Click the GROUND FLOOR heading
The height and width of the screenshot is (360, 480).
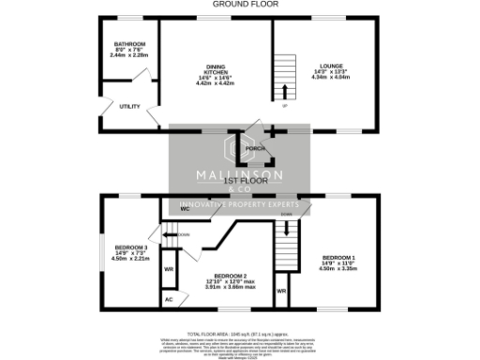[240, 4]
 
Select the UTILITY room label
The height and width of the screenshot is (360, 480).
[129, 106]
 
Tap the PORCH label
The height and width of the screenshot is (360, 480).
[251, 148]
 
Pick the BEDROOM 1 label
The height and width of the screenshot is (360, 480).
[337, 257]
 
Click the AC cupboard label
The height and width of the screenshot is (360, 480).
[169, 299]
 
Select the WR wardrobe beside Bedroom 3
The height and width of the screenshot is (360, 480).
[169, 269]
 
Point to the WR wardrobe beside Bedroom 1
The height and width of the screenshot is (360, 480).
[281, 291]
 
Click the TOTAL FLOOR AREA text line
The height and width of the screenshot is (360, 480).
[240, 333]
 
